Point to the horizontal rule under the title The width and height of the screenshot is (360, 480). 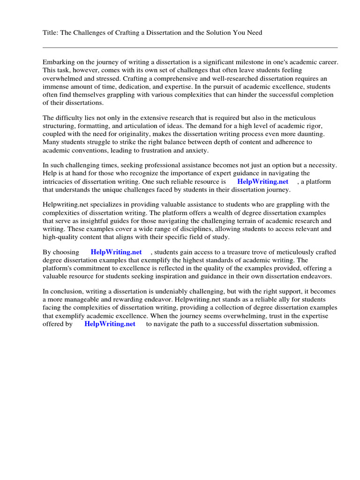tap(190, 47)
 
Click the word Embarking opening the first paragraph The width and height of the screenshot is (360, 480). tap(58, 62)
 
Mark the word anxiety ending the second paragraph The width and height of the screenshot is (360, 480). tap(196, 150)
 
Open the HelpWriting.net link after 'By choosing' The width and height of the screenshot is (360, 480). tap(116, 252)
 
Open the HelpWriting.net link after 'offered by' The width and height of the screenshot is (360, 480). tap(110, 324)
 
